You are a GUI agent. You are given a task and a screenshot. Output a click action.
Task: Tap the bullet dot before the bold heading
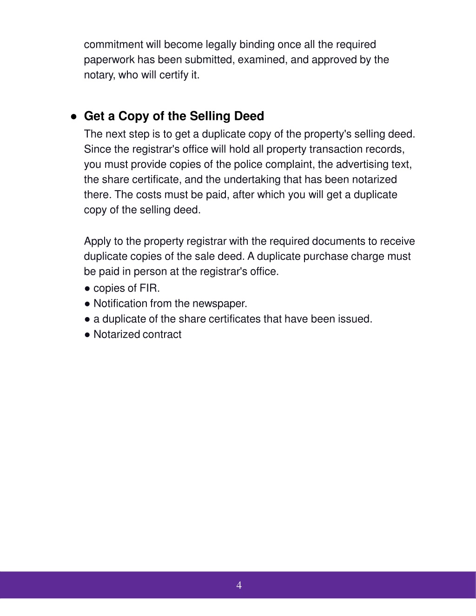click(73, 117)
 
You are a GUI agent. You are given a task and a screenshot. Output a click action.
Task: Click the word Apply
click(97, 241)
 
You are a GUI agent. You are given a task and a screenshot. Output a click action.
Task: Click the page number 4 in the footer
click(239, 585)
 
